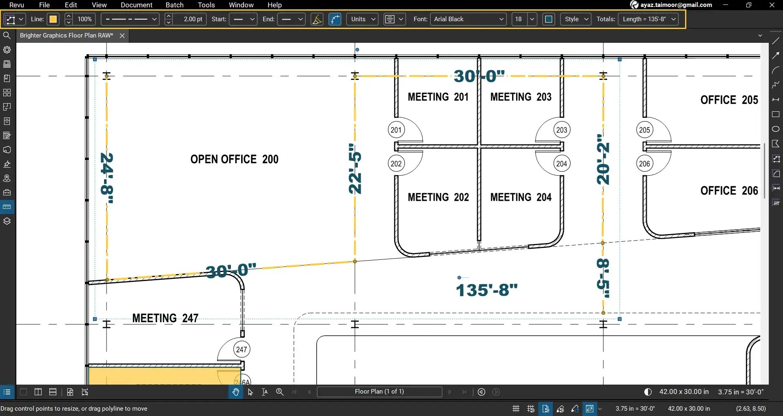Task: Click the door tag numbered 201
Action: coord(396,130)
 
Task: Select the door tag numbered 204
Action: coord(561,164)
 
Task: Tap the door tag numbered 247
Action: coord(242,350)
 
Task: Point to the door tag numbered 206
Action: coord(644,164)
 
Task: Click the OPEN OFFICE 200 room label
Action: coord(234,159)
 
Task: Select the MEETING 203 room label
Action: coord(521,97)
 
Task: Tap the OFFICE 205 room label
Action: coord(729,100)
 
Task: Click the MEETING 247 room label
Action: coord(165,318)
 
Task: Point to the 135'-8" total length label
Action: coord(486,290)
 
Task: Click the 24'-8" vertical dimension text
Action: coord(107,178)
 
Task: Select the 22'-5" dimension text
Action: coord(355,168)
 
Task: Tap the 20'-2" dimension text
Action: coord(603,159)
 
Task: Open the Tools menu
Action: coord(206,5)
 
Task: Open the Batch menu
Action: coord(174,5)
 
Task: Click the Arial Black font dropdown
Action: coord(468,19)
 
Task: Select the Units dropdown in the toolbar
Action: coord(362,19)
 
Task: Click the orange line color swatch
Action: coord(53,19)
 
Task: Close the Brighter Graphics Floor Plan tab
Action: coord(122,35)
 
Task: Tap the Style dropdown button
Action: coord(576,19)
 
